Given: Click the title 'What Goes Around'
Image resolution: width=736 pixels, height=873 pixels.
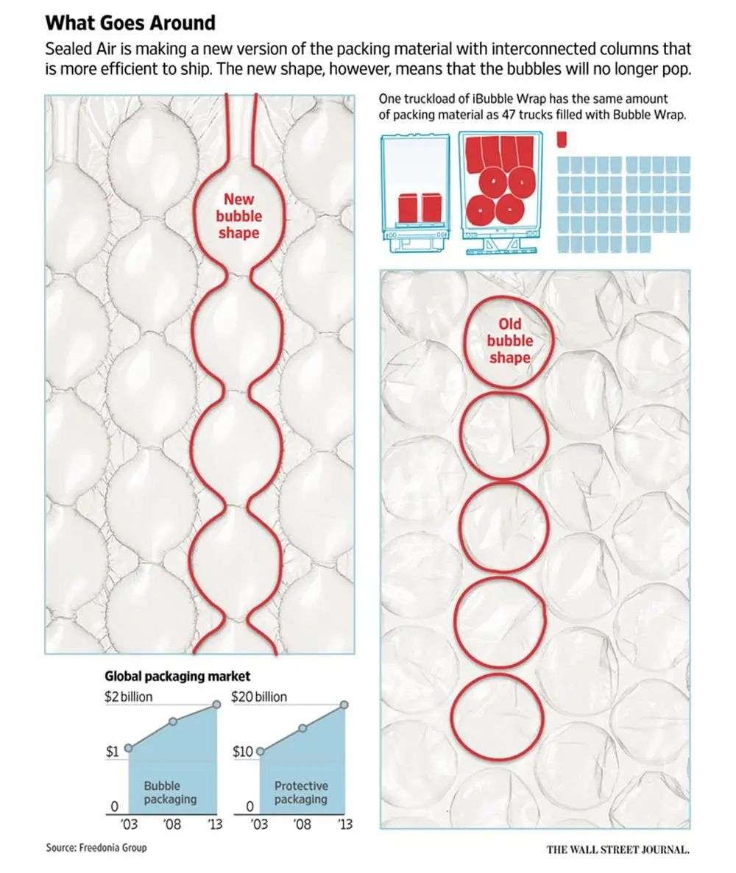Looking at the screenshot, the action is pos(130,23).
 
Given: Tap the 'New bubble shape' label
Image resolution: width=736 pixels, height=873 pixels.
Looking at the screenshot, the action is pos(239,215).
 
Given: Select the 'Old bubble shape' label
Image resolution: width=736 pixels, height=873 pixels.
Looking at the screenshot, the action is pos(510,341).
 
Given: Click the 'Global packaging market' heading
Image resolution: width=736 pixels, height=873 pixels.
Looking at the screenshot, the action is pos(177,676).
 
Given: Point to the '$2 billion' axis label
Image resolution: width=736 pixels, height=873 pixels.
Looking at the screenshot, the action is pos(128,696).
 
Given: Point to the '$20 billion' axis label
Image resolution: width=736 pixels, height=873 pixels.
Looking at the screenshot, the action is pos(259,696).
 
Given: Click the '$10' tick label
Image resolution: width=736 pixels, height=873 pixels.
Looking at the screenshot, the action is pos(243,752).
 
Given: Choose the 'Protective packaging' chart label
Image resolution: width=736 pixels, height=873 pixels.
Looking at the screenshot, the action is pos(301,792).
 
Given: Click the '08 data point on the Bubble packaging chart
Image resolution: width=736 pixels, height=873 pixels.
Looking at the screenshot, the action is pos(173,721).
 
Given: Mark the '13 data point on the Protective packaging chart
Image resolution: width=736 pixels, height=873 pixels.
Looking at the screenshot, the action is pos(344,705).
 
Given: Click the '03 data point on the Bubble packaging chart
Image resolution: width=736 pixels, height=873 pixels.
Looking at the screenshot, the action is pos(129,748).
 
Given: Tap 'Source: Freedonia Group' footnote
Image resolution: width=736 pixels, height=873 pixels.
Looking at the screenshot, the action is pos(96,847).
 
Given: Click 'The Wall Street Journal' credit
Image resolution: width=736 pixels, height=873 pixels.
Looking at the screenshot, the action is pos(618,849).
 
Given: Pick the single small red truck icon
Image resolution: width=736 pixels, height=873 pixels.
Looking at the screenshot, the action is pos(562,140).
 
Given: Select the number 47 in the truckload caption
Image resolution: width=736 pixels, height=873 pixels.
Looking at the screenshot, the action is pos(547,115).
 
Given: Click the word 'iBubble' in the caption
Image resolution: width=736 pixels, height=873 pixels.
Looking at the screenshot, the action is pos(492,99).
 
